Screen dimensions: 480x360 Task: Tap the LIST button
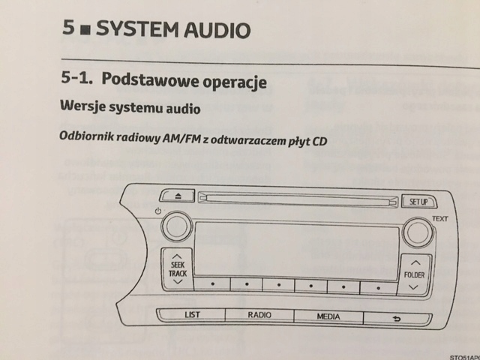pyautogui.click(x=191, y=315)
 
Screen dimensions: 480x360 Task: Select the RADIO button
pyautogui.click(x=259, y=315)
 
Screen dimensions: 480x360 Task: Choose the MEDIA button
pyautogui.click(x=328, y=316)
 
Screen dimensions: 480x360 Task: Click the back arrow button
pyautogui.click(x=397, y=316)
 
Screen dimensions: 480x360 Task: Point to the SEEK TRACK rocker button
pyautogui.click(x=178, y=269)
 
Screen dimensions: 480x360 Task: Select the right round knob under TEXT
pyautogui.click(x=417, y=232)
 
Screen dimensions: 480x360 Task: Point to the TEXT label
pyautogui.click(x=439, y=219)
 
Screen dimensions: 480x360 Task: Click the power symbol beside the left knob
pyautogui.click(x=157, y=211)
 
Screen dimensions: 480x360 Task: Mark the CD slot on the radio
pyautogui.click(x=296, y=198)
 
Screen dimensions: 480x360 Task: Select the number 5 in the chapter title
pyautogui.click(x=70, y=30)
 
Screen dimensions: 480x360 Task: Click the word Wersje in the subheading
pyautogui.click(x=81, y=107)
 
